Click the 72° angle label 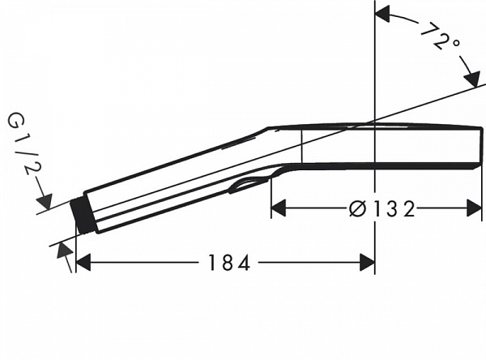click(x=438, y=36)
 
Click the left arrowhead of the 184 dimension click(x=83, y=263)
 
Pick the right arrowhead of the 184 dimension click(x=367, y=263)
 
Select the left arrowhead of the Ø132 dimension click(x=278, y=209)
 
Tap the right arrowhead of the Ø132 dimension click(x=475, y=209)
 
